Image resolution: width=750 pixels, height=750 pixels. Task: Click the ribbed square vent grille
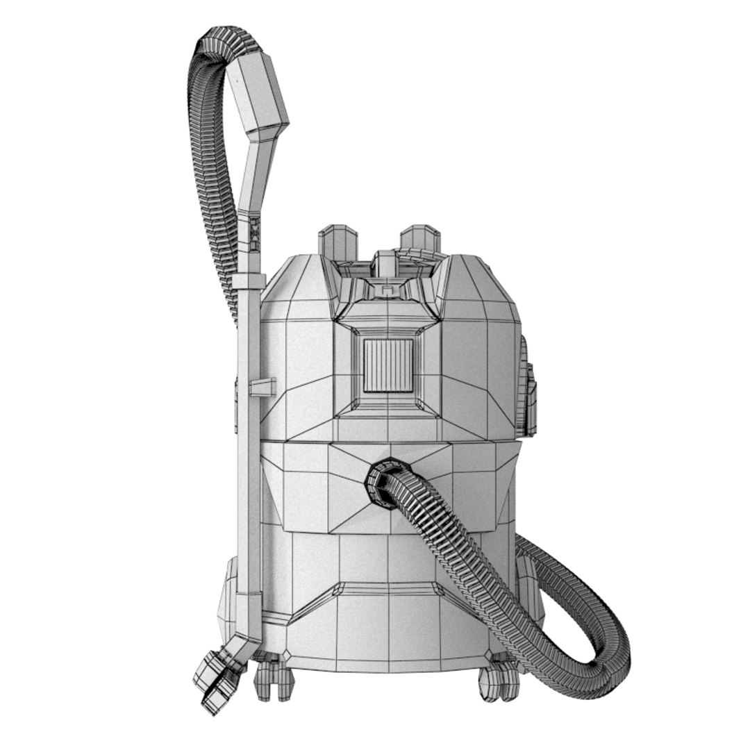coord(388,365)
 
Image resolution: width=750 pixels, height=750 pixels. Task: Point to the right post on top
coord(419,239)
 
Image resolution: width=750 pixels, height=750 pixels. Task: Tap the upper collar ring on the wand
coord(249,281)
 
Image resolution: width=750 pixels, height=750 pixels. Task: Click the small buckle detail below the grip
coord(255,234)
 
